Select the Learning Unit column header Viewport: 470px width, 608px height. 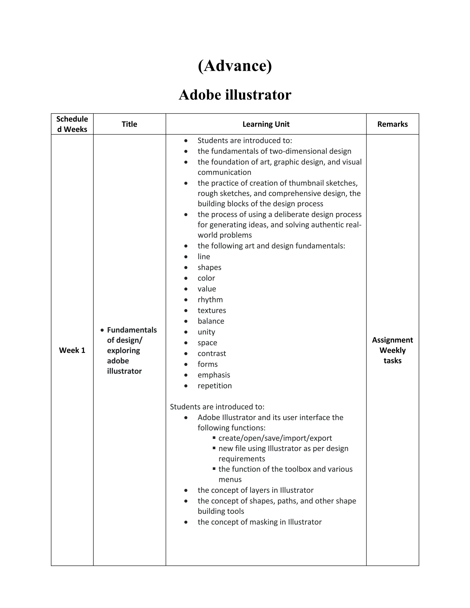[266, 124]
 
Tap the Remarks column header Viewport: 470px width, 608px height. [392, 124]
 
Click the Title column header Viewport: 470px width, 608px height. [129, 124]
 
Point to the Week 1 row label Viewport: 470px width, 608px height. [72, 350]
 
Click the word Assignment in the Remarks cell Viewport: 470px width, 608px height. [392, 340]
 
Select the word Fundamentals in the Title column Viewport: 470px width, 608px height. [132, 330]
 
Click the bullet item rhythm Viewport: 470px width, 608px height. [210, 300]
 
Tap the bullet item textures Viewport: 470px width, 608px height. [212, 310]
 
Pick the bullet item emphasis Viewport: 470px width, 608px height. [214, 375]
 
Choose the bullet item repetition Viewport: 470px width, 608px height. [215, 386]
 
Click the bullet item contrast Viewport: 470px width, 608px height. [212, 354]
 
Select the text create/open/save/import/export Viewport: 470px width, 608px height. [275, 438]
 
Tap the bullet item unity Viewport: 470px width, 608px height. [206, 332]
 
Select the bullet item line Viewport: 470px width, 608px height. [204, 257]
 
